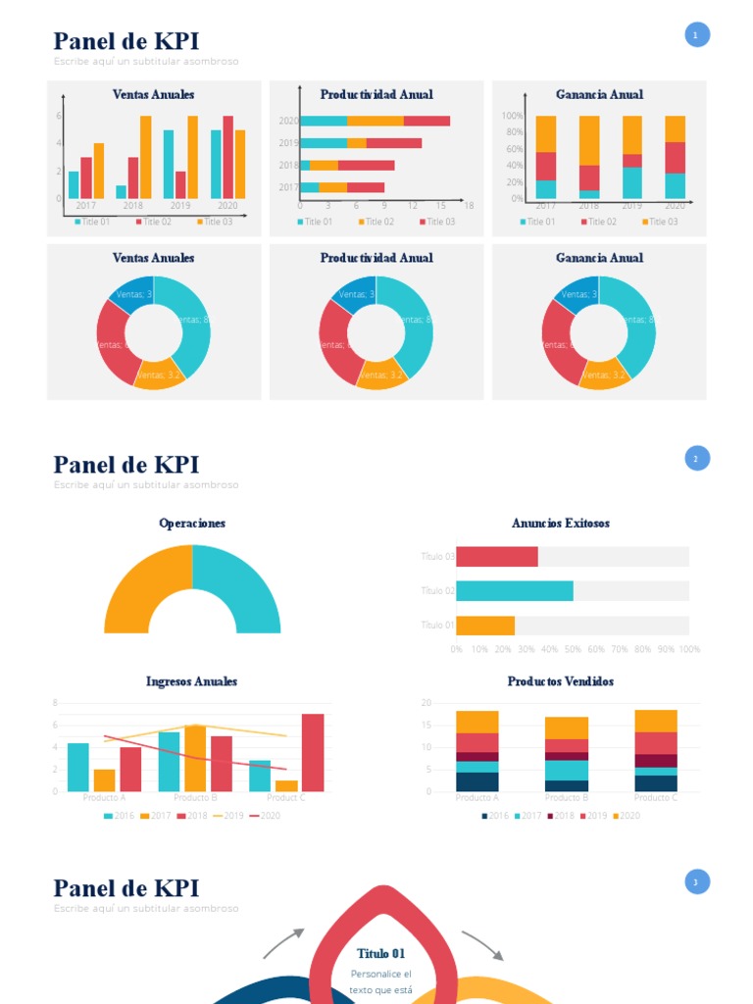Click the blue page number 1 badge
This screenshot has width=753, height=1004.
click(696, 35)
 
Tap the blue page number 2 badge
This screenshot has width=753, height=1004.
click(696, 458)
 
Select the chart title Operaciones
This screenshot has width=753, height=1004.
click(192, 524)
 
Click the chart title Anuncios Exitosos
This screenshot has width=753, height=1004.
click(561, 524)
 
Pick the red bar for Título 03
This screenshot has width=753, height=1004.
click(496, 557)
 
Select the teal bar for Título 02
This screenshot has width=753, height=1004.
click(514, 590)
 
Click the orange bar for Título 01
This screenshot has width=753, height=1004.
click(485, 625)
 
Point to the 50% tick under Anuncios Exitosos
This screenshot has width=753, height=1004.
click(573, 649)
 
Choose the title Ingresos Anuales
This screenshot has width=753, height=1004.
click(192, 681)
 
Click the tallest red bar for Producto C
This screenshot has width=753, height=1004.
click(313, 752)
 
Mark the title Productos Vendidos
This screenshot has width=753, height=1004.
click(561, 681)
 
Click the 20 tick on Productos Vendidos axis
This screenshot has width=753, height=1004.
click(427, 703)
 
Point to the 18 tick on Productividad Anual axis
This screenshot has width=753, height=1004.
click(469, 206)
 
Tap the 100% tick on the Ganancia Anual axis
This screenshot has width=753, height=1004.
click(512, 116)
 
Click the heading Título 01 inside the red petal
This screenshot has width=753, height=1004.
click(381, 953)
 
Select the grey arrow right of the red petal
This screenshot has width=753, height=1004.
click(482, 945)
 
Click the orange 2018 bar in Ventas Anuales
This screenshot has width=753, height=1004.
click(145, 157)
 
